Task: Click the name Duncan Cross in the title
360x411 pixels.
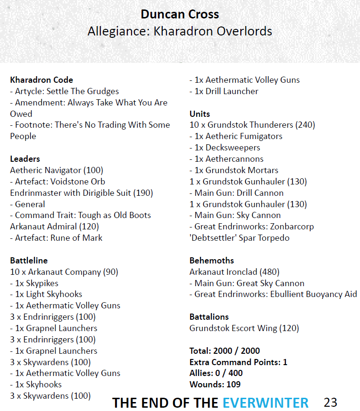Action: (x=180, y=14)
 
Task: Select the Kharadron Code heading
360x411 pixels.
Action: (x=42, y=80)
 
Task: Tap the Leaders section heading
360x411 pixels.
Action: (x=25, y=159)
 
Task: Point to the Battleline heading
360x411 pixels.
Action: (x=29, y=261)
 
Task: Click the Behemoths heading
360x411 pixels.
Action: (x=211, y=261)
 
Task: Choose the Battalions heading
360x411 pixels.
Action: (x=209, y=317)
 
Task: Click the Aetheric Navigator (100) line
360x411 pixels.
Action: (x=56, y=170)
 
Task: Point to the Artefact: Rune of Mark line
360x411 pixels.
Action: (x=56, y=238)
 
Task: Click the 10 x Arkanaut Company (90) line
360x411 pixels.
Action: (x=64, y=272)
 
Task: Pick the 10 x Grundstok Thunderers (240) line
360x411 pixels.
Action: (x=252, y=125)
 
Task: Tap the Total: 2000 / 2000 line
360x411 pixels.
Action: (x=225, y=351)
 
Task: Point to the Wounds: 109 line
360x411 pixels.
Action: (x=215, y=385)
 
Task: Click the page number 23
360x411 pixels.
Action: (x=331, y=402)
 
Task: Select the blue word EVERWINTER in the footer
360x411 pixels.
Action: (x=266, y=402)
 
